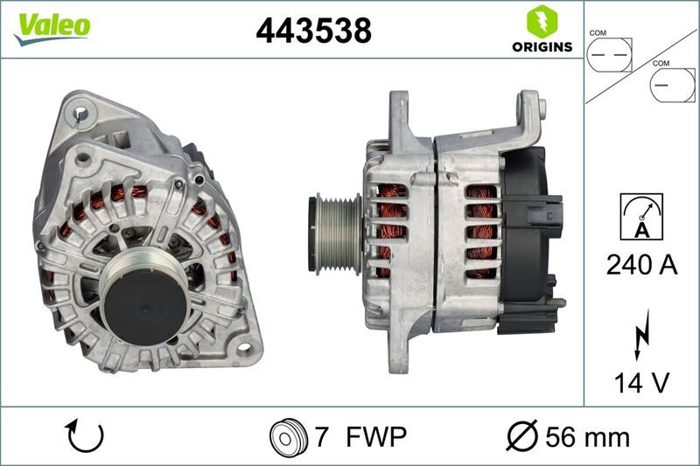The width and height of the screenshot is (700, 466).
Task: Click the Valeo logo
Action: (52, 26)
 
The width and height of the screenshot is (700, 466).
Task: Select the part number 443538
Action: (313, 30)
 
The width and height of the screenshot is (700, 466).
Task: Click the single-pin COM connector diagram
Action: (671, 85)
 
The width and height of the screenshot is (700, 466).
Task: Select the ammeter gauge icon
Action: (641, 214)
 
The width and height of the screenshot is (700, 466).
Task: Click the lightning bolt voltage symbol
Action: (641, 333)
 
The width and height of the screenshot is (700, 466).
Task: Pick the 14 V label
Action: (641, 381)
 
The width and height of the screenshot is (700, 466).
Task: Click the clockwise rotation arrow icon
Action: (86, 435)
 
